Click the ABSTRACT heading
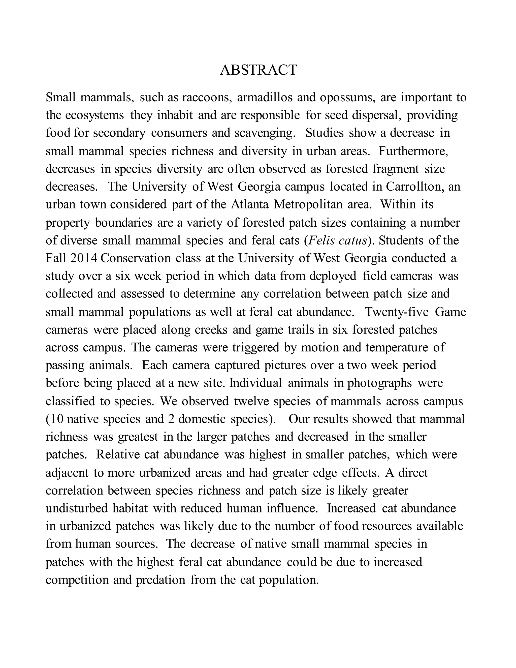coord(258,70)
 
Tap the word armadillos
coord(264,98)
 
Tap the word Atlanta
coord(249,204)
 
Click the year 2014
coord(83,258)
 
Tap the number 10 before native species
coord(57,419)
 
